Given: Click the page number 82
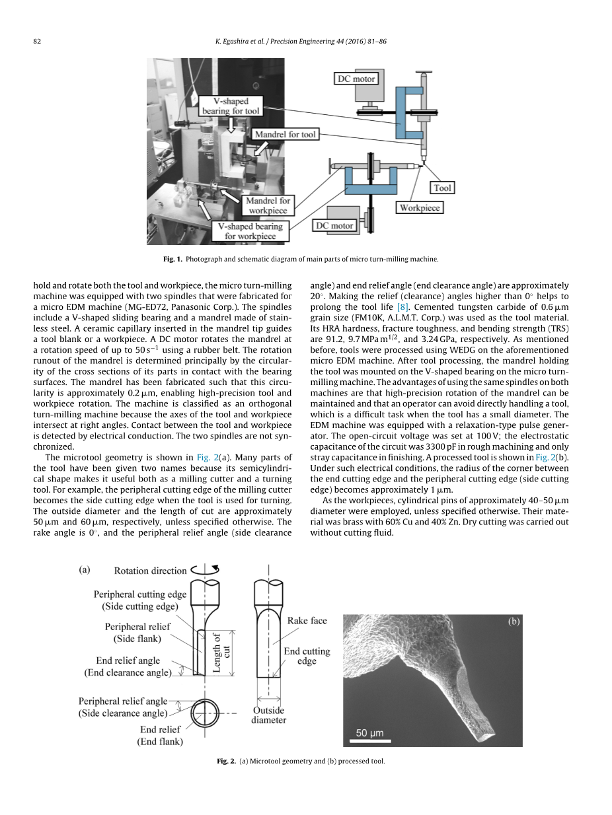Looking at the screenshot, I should tap(37, 42).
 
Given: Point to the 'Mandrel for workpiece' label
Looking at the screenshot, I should tap(268, 205).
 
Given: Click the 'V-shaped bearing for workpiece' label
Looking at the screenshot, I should tap(250, 230).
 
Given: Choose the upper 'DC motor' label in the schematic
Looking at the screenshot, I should tap(356, 79).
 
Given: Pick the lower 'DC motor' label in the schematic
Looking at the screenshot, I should tap(334, 225).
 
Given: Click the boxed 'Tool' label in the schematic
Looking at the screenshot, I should tap(442, 188).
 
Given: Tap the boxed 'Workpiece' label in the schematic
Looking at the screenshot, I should tap(420, 207).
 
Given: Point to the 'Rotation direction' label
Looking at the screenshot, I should tap(150, 571).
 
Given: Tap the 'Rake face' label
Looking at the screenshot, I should tap(307, 621).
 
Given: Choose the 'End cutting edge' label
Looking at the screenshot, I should tap(307, 656).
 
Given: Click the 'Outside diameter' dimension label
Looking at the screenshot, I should tap(268, 715).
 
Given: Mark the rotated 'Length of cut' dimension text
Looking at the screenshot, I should tap(221, 652).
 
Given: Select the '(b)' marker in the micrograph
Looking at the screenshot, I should tap(514, 621).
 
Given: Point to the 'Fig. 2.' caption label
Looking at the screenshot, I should tap(226, 761).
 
